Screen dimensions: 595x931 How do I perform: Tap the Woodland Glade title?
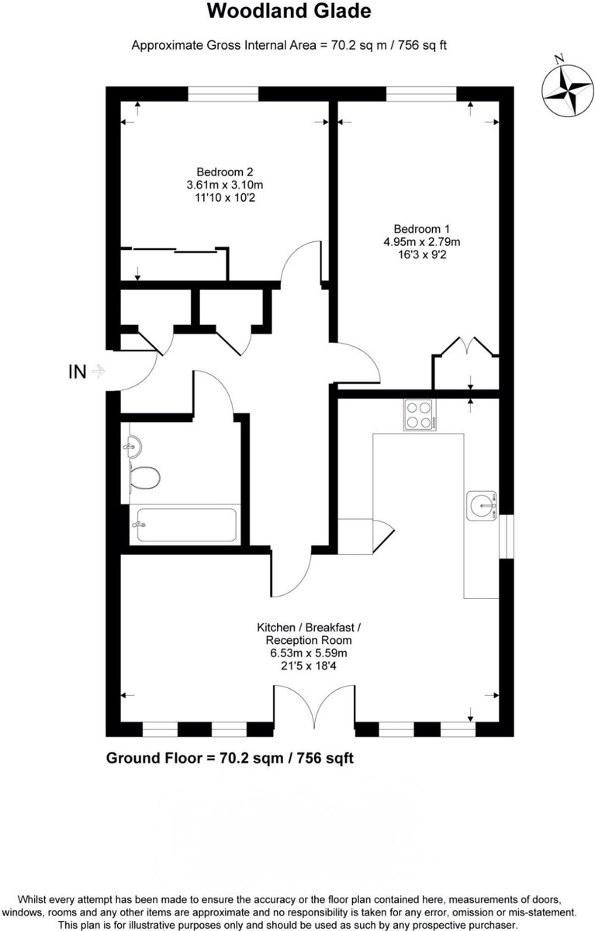point(289,11)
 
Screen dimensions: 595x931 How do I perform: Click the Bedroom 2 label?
point(225,171)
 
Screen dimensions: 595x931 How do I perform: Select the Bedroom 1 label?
point(422,229)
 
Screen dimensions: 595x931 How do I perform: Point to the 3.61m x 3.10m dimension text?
point(225,185)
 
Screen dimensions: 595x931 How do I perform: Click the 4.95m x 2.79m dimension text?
point(422,241)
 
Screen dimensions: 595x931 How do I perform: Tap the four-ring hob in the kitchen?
point(420,414)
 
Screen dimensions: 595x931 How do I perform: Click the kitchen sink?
point(481,505)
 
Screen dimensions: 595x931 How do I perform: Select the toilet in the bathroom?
point(144,478)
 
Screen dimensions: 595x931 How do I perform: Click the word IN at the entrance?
point(78,372)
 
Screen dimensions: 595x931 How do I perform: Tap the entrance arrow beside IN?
point(98,371)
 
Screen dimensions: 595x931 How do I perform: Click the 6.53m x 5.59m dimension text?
point(309,653)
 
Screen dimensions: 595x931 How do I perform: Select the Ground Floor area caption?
point(230,758)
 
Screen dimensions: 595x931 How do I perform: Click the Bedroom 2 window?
point(223,94)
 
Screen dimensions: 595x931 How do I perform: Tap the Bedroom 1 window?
point(421,94)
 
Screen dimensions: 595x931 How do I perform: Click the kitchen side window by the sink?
point(507,537)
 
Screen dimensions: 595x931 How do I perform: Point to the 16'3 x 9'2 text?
point(422,254)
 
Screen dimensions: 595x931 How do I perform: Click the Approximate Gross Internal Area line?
point(289,45)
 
